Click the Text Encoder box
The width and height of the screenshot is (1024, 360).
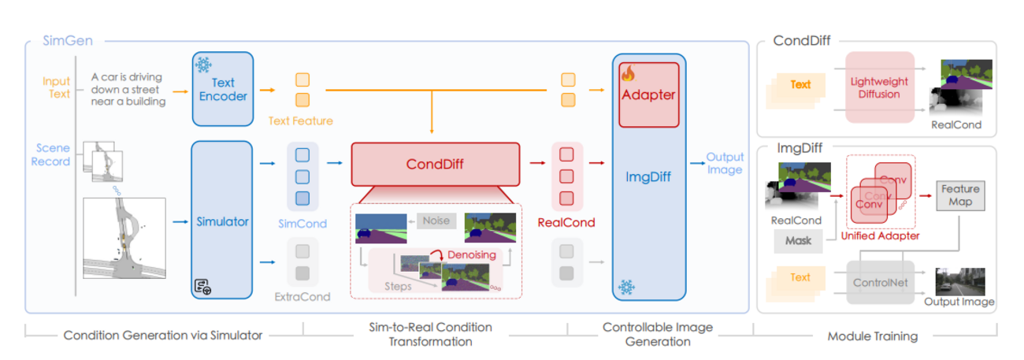(x=223, y=88)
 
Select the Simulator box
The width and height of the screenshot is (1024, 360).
(x=223, y=221)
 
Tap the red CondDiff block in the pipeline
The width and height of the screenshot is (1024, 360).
(x=436, y=165)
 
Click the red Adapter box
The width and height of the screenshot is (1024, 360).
(x=648, y=95)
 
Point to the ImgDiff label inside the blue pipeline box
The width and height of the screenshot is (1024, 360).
(x=648, y=176)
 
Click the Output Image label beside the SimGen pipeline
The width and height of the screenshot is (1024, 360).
(x=724, y=163)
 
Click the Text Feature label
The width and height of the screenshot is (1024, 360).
(x=301, y=121)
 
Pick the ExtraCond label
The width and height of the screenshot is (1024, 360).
(x=302, y=297)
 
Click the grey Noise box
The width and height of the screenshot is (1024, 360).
(x=436, y=221)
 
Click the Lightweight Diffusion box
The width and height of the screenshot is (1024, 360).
(x=880, y=87)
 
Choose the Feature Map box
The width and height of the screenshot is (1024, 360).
(x=960, y=195)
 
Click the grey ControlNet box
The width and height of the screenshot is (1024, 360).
(x=880, y=282)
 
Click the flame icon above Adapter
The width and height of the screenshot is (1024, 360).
(x=628, y=74)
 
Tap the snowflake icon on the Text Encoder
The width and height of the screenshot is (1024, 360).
(x=203, y=65)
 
